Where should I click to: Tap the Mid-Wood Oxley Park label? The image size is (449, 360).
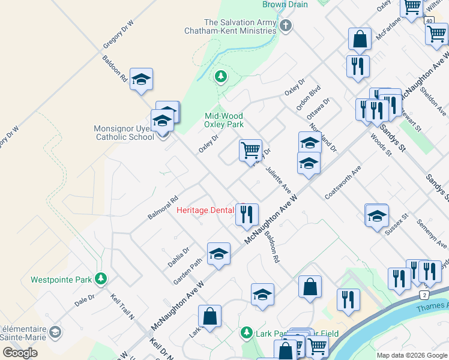pyautogui.click(x=224, y=120)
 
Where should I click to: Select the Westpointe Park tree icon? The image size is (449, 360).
pyautogui.click(x=101, y=279)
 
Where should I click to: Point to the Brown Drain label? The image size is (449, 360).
pyautogui.click(x=285, y=5)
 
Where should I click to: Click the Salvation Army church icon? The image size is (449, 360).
pyautogui.click(x=286, y=25)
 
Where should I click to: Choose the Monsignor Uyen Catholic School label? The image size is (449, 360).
pyautogui.click(x=122, y=133)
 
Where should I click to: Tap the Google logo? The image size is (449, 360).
pyautogui.click(x=20, y=352)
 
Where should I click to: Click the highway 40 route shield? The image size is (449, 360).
pyautogui.click(x=429, y=20)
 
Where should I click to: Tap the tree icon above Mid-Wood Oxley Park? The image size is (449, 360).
pyautogui.click(x=221, y=76)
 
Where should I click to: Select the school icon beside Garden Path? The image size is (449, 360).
pyautogui.click(x=218, y=254)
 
